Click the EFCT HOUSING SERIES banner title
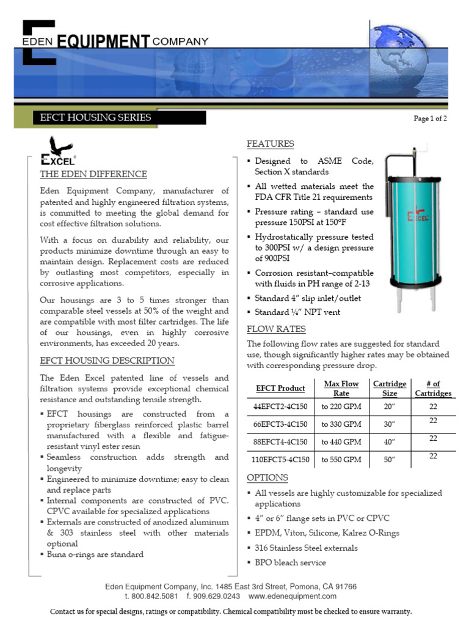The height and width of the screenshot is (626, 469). (95, 117)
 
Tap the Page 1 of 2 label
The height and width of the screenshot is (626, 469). (430, 119)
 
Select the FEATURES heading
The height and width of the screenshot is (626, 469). (270, 144)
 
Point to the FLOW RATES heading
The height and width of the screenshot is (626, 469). (276, 329)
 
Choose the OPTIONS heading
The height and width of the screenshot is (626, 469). (267, 477)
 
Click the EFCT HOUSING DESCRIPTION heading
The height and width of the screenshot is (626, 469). (107, 361)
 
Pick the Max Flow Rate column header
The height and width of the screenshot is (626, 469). (341, 388)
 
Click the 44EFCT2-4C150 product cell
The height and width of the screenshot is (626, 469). (280, 407)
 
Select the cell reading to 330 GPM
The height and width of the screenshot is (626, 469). (341, 424)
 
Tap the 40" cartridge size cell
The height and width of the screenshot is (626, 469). (389, 441)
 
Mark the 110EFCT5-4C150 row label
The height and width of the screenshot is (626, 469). (280, 459)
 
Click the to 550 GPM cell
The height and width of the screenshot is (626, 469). (341, 459)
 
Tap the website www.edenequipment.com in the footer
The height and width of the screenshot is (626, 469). (293, 596)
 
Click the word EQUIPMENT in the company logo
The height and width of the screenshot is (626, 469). (104, 42)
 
